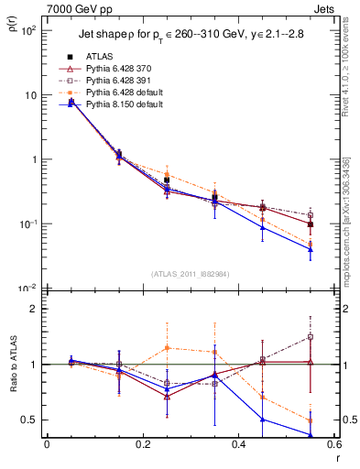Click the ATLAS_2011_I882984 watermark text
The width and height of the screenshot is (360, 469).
(x=191, y=274)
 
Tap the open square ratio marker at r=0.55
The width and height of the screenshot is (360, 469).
(x=311, y=337)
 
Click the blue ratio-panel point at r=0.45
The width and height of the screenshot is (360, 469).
(x=263, y=420)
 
